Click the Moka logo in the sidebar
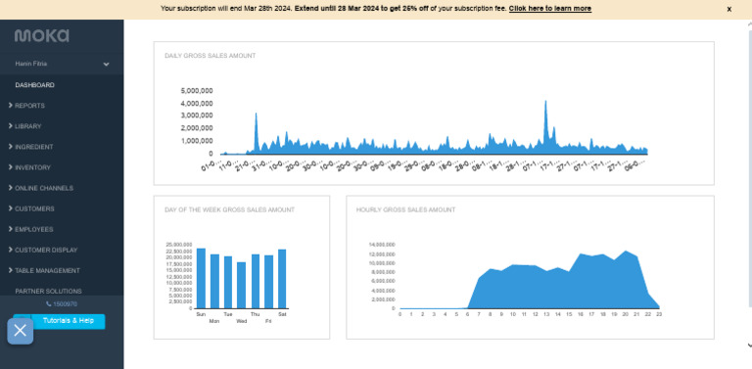coord(41,35)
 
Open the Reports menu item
coord(29,106)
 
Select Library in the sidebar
coord(28,126)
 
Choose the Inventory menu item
coord(32,167)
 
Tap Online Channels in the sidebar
coord(43,188)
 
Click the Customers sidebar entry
coord(34,208)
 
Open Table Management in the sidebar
coord(47,270)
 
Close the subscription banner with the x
coord(728,9)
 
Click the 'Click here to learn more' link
coord(549,8)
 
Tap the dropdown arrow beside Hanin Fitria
coord(106,65)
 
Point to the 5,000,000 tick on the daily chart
coord(197,91)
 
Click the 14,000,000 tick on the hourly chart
coord(381,245)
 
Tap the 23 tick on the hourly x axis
coord(659,314)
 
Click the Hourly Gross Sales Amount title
coord(406,209)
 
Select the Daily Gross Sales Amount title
coord(210,56)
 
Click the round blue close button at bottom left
coord(21,331)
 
